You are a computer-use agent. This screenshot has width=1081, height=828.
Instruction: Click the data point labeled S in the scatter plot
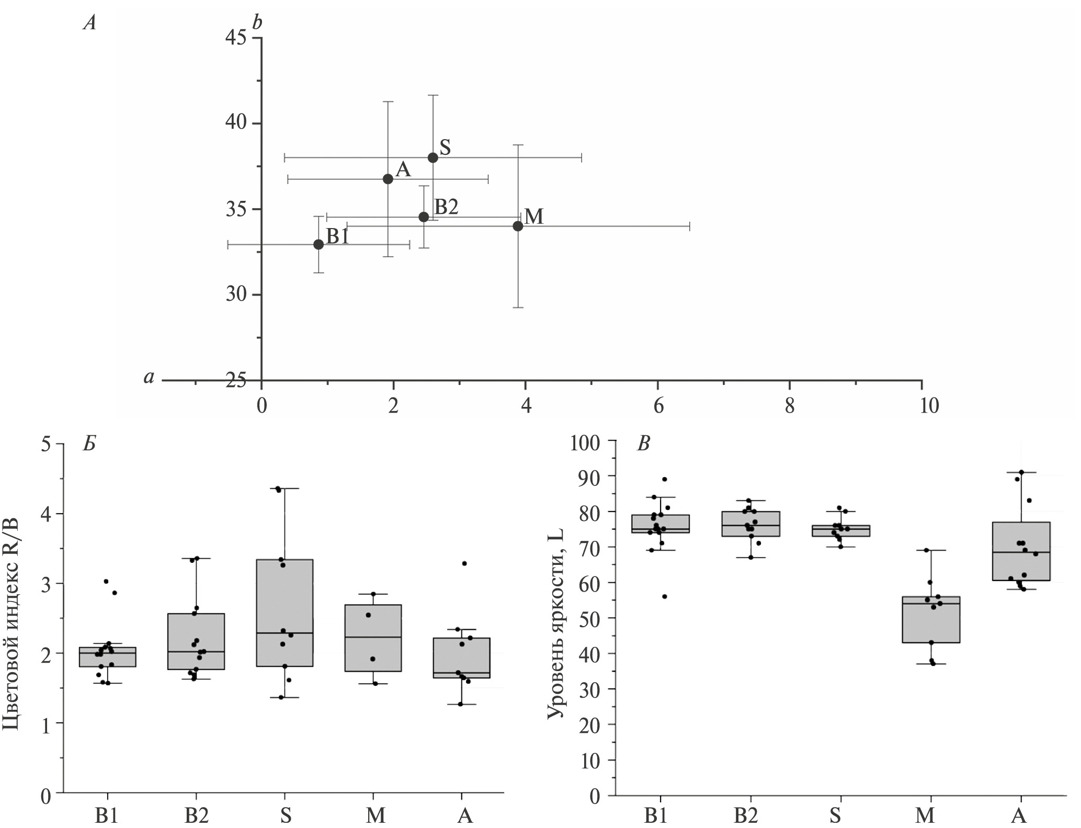pos(433,157)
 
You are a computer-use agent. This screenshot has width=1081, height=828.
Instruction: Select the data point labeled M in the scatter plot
pos(518,226)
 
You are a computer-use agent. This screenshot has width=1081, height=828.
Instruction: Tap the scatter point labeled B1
pos(318,244)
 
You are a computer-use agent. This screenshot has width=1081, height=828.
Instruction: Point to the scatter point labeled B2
pos(424,217)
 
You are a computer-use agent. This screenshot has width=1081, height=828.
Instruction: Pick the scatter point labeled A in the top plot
pos(388,179)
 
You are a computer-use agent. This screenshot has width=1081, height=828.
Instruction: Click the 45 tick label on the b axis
pos(236,39)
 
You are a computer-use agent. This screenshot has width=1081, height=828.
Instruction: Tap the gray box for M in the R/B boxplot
pos(373,638)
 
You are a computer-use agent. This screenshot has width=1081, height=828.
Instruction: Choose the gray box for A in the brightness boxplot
pos(1021,551)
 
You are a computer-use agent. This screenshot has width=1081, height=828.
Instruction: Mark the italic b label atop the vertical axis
pos(257,24)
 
